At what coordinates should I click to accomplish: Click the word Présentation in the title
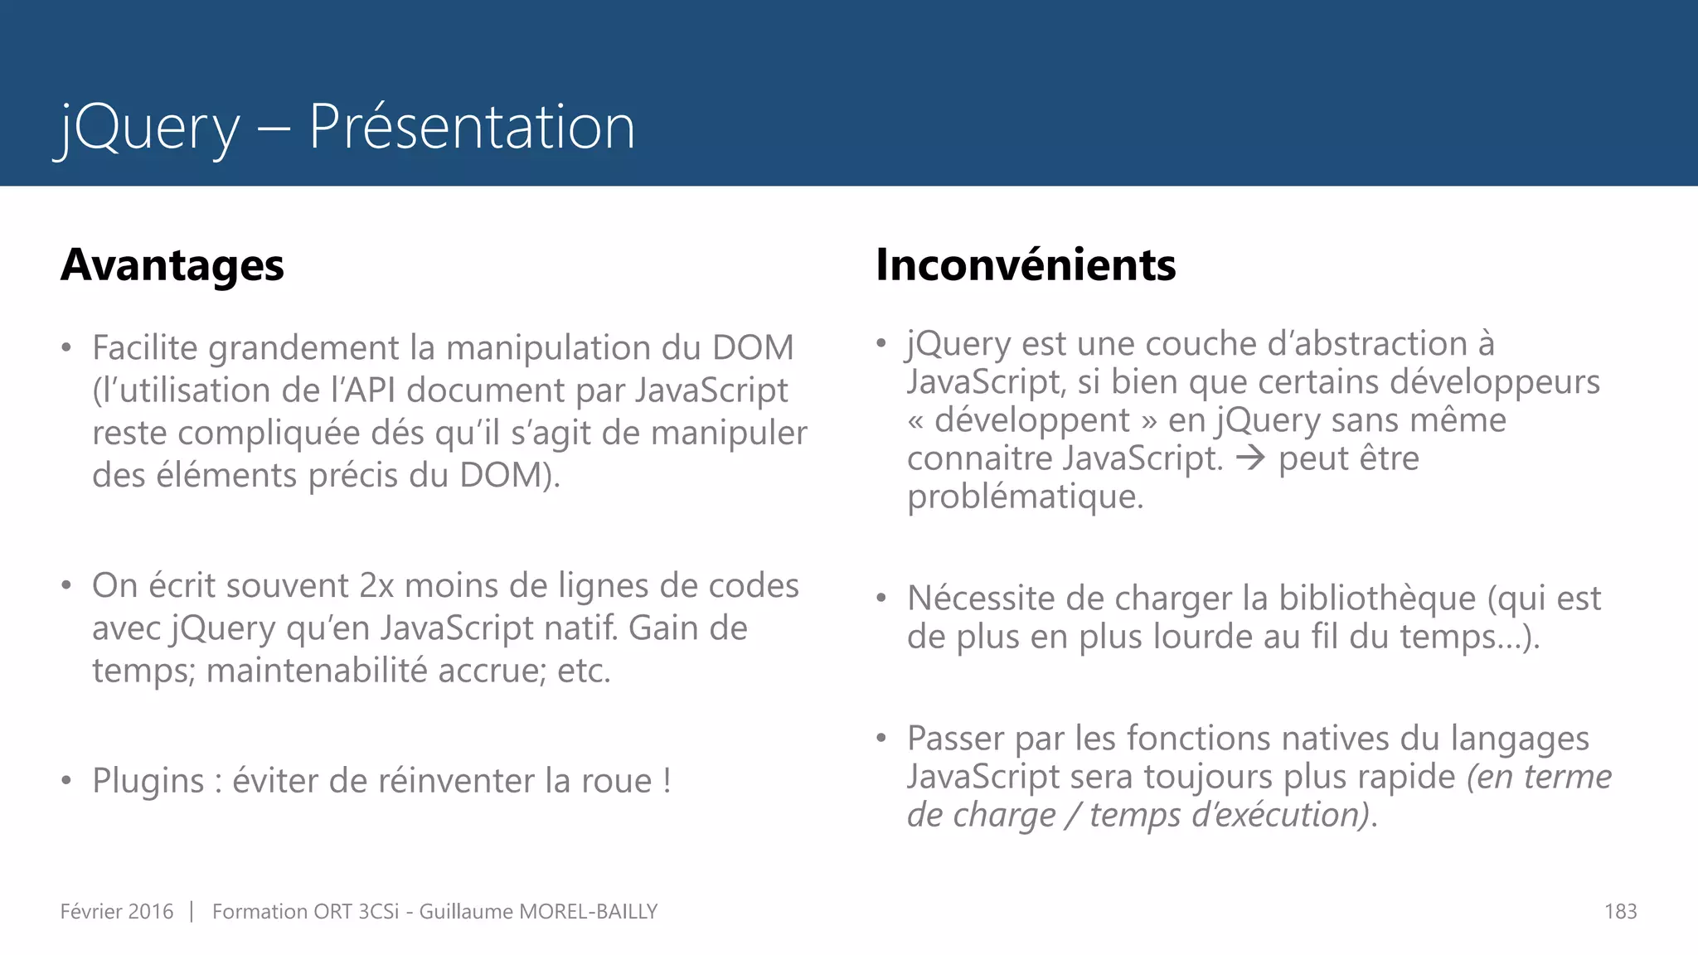[471, 127]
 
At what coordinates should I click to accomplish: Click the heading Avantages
[172, 265]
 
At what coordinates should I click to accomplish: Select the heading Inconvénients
[1026, 265]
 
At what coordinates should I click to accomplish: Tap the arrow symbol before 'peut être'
[1250, 458]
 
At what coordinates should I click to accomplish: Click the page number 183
[1620, 912]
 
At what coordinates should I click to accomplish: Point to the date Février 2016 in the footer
[117, 912]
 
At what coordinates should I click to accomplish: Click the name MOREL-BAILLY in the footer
[588, 912]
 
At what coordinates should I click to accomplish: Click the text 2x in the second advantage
[376, 586]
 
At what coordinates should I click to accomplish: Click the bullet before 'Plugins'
[66, 781]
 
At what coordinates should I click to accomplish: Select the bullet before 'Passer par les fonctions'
[881, 738]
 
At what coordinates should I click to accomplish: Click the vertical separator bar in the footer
[192, 912]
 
